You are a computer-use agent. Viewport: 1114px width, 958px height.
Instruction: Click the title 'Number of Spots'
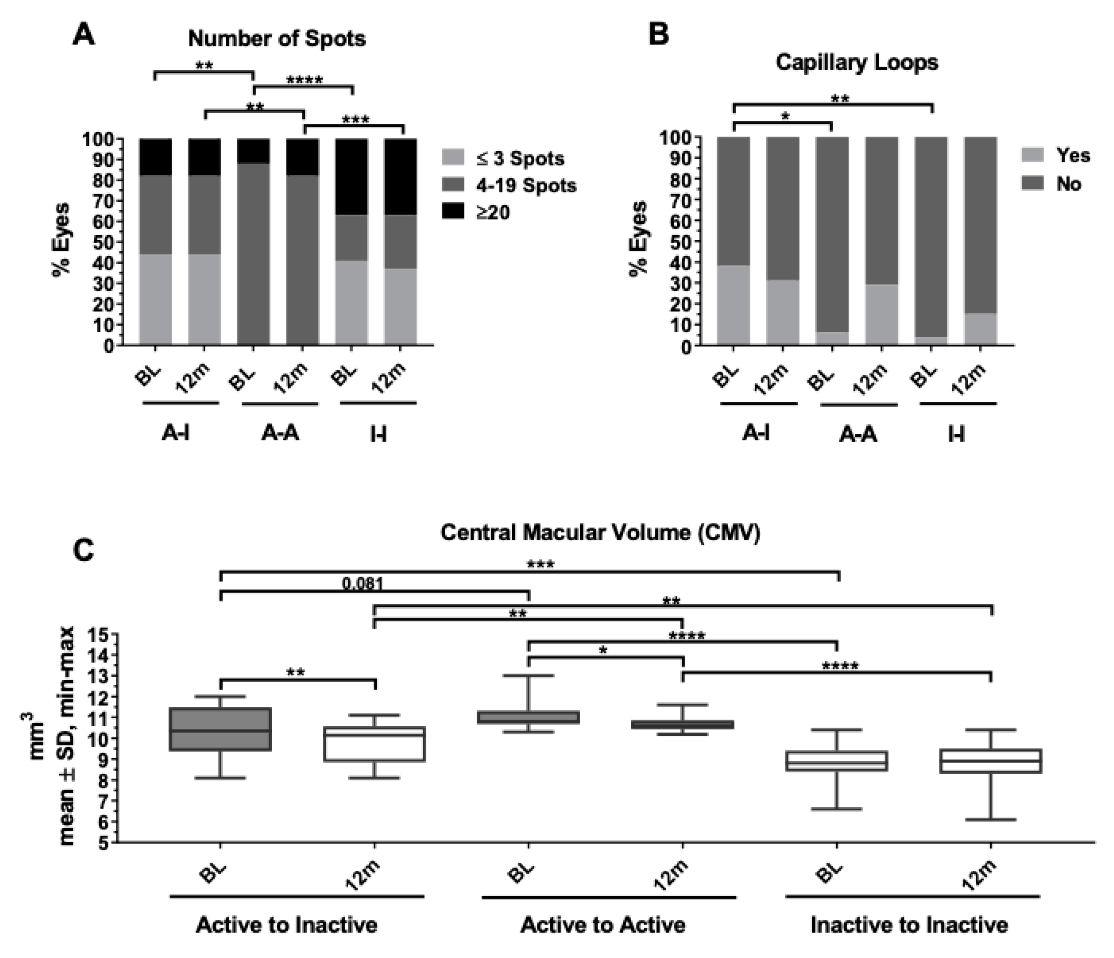click(276, 39)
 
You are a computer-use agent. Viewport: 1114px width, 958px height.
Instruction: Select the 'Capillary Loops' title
click(857, 63)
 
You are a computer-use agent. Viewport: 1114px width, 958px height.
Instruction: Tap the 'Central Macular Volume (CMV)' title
click(600, 533)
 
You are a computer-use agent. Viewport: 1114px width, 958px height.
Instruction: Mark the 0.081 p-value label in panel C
click(363, 584)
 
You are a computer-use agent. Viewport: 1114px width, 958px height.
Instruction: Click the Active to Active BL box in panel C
click(529, 717)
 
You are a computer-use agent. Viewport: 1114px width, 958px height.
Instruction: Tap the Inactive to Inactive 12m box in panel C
click(991, 761)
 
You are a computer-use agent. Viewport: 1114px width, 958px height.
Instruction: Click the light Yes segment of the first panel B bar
click(733, 305)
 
